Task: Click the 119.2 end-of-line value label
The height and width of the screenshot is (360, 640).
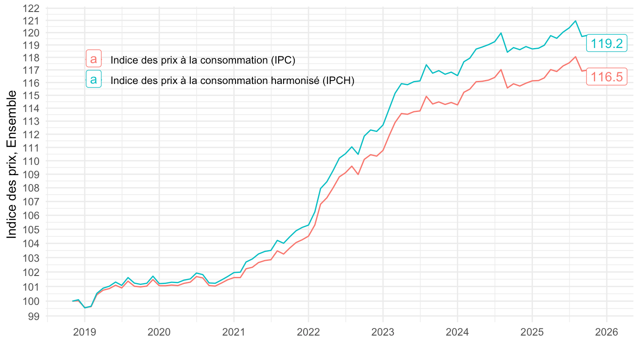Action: click(x=607, y=43)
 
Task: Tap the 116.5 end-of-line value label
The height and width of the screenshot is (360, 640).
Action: click(x=607, y=77)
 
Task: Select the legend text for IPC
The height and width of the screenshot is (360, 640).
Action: click(x=203, y=60)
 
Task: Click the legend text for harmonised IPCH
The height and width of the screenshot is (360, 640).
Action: click(x=232, y=80)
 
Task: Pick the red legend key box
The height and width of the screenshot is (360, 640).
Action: click(x=93, y=59)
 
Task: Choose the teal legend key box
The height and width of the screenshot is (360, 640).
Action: click(x=93, y=80)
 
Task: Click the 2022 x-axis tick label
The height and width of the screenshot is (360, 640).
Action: click(x=308, y=332)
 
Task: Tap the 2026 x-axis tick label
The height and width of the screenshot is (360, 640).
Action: click(x=606, y=332)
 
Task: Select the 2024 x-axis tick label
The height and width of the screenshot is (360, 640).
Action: click(x=457, y=332)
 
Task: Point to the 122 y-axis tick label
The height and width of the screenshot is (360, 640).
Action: click(x=32, y=8)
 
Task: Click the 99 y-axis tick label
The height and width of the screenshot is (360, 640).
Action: click(x=35, y=316)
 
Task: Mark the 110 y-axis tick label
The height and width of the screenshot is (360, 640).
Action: click(x=32, y=160)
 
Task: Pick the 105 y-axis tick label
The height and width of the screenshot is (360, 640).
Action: click(x=32, y=229)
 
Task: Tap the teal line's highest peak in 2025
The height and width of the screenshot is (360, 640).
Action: click(x=575, y=21)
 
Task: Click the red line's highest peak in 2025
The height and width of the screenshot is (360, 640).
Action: click(x=575, y=56)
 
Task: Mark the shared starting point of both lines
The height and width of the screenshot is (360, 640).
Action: click(x=73, y=301)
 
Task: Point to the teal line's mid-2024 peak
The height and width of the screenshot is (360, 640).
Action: click(x=501, y=33)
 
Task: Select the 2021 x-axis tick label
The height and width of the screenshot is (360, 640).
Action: click(x=234, y=332)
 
